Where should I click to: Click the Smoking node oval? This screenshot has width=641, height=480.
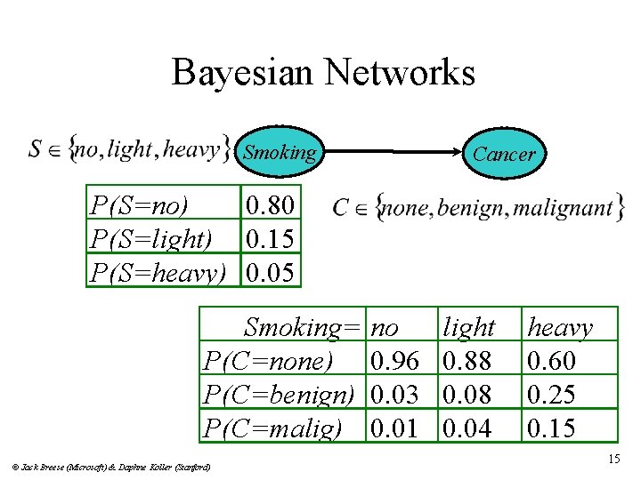click(x=280, y=152)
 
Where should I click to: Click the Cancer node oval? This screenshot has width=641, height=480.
click(x=504, y=154)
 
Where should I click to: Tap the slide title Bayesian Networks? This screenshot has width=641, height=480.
click(x=323, y=72)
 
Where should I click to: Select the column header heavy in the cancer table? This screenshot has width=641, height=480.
click(x=560, y=327)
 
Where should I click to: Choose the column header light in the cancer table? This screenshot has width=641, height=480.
click(x=468, y=327)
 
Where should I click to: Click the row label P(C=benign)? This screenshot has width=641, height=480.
click(x=279, y=395)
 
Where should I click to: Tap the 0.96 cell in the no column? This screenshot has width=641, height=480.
click(x=394, y=361)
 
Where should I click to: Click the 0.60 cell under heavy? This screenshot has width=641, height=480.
click(x=552, y=361)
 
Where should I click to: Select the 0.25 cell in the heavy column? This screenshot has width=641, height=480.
click(x=552, y=395)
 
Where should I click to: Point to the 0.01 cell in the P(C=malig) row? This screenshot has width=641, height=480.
click(x=394, y=428)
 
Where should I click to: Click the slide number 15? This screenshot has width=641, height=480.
click(x=613, y=459)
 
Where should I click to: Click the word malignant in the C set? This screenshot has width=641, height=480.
click(x=564, y=208)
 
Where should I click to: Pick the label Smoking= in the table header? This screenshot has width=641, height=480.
click(x=304, y=327)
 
